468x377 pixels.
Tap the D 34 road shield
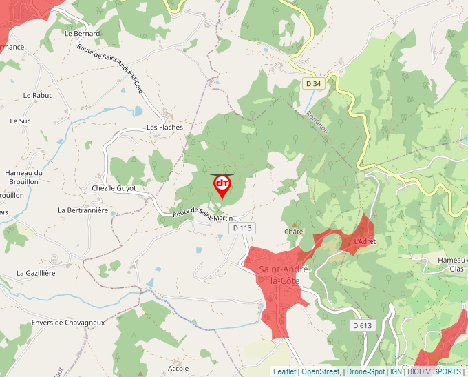point(312,83)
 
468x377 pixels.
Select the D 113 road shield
point(243,228)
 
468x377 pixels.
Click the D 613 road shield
point(361,325)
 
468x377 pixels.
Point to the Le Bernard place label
point(82,33)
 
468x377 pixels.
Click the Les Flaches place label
point(164,128)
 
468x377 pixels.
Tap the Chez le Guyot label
point(114,188)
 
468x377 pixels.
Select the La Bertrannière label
point(83,210)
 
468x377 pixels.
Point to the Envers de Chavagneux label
point(67,322)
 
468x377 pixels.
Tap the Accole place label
point(178,369)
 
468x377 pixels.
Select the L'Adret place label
point(365,242)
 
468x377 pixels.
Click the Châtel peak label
point(295,232)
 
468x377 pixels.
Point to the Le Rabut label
point(37,96)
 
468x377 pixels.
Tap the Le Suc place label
point(20,121)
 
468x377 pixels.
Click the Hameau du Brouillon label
point(24,177)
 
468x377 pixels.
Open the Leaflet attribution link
point(284,371)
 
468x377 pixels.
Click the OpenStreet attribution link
point(320,371)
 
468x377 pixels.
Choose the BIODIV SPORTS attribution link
point(434,371)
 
